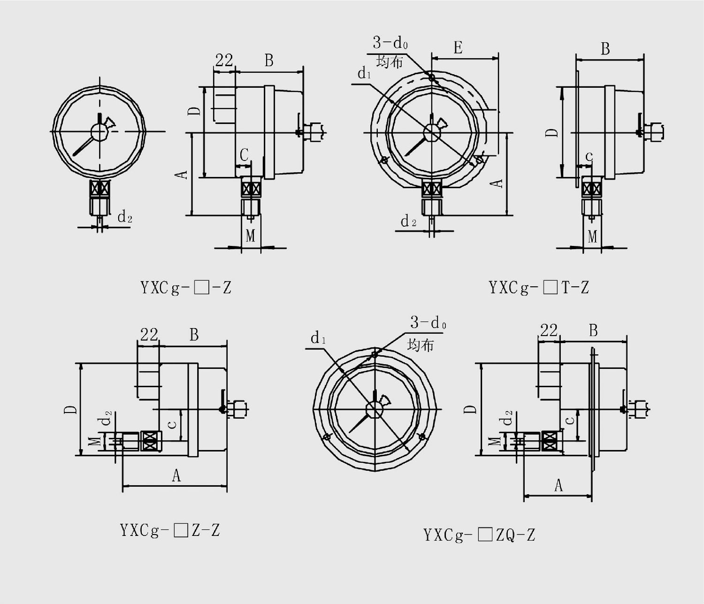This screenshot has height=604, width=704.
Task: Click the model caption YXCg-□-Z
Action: coord(186,288)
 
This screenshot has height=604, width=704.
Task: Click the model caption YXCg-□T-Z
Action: coord(539,288)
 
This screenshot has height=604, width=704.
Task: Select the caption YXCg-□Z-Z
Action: coord(170,530)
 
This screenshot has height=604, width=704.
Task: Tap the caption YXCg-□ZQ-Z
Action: coord(479,535)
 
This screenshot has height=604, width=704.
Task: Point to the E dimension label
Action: coord(458,48)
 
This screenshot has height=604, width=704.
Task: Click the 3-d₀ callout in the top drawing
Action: coord(390,43)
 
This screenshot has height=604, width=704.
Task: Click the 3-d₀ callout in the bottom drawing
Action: coord(428,322)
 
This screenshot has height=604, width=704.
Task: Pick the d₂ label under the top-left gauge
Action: coord(125,217)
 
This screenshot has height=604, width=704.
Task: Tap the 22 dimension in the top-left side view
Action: coord(224,61)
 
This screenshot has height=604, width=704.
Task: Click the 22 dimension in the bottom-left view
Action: coord(149,335)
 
